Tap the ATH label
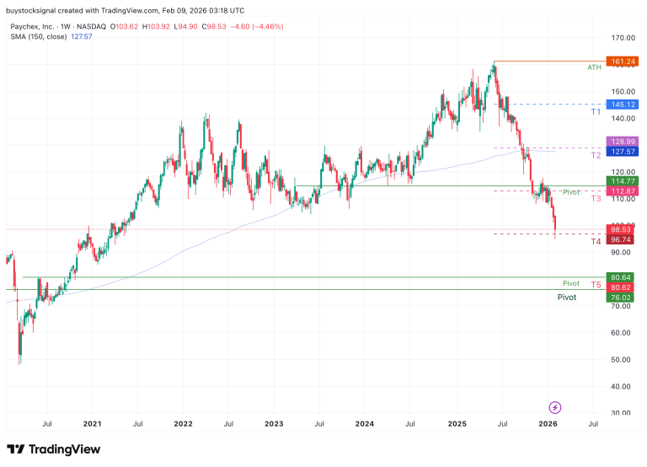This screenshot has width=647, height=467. point(595,67)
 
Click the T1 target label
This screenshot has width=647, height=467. point(596,110)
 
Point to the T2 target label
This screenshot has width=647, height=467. point(596,155)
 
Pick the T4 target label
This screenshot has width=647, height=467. point(596,242)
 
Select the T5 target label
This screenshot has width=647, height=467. point(596,286)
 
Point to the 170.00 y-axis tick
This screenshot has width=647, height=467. point(623,38)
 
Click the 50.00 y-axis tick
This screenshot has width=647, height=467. point(623,359)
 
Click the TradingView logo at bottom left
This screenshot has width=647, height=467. point(53,449)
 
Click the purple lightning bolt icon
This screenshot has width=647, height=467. point(554,407)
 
